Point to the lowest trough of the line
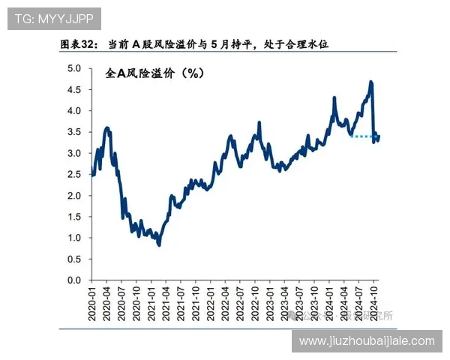pyautogui.click(x=159, y=244)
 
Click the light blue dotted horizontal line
pyautogui.click(x=364, y=136)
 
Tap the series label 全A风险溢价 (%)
pyautogui.click(x=153, y=74)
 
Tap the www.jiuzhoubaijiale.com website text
pyautogui.click(x=366, y=341)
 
